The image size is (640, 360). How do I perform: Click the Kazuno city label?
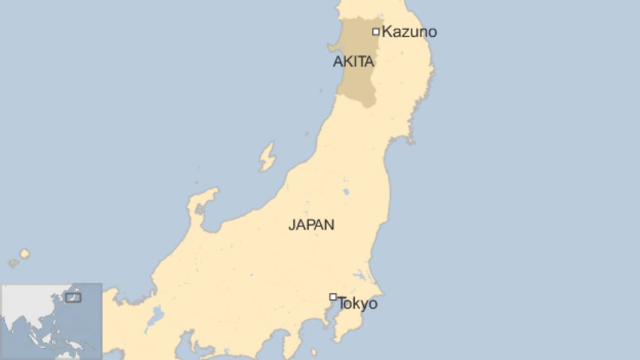pyautogui.click(x=409, y=31)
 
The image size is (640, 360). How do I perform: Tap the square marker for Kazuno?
pyautogui.click(x=376, y=31)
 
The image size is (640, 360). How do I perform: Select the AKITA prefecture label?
pyautogui.click(x=353, y=62)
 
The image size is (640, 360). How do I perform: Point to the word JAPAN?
pyautogui.click(x=311, y=225)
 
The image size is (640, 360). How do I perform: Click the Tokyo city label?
pyautogui.click(x=357, y=304)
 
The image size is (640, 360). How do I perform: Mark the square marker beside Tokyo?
pyautogui.click(x=333, y=297)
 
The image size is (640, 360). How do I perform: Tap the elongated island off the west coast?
pyautogui.click(x=267, y=157)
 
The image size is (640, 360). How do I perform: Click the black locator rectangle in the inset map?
pyautogui.click(x=73, y=298)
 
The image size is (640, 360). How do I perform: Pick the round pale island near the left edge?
pyautogui.click(x=24, y=253)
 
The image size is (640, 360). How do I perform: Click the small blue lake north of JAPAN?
pyautogui.click(x=346, y=192)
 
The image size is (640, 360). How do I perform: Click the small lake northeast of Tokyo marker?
pyautogui.click(x=360, y=275)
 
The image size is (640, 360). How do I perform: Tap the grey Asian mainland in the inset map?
pyautogui.click(x=26, y=302)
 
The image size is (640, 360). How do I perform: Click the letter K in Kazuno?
pyautogui.click(x=387, y=31)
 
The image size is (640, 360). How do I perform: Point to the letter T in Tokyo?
pyautogui.click(x=342, y=304)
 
